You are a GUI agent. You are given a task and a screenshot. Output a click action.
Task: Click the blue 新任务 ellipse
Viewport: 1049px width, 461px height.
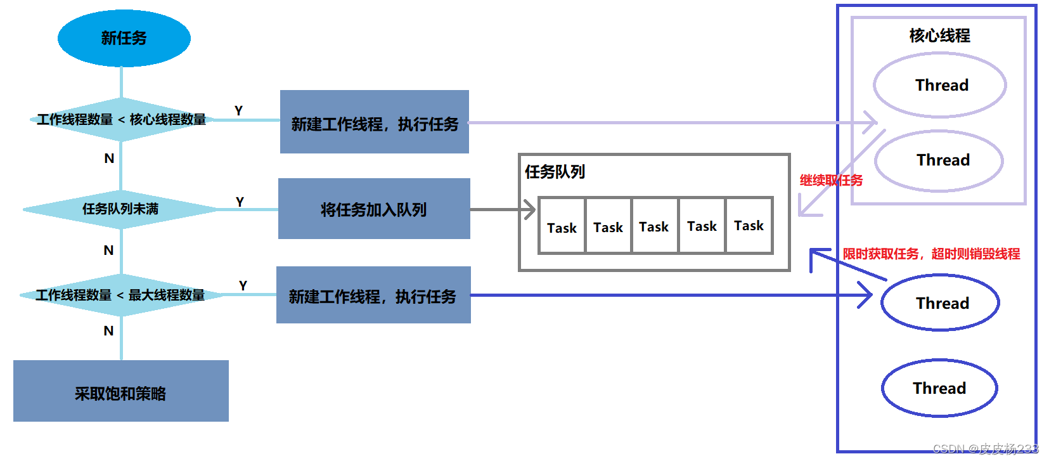[x=124, y=38]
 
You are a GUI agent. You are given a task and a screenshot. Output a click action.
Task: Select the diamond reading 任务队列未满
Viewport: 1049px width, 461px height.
[x=120, y=209]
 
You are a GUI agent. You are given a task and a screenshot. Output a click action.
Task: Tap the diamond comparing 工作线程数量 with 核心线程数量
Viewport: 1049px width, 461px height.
[x=121, y=119]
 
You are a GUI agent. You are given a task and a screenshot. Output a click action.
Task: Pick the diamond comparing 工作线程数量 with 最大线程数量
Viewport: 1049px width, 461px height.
[x=120, y=295]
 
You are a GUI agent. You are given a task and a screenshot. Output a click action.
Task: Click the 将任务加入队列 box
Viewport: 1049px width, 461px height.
[x=374, y=209]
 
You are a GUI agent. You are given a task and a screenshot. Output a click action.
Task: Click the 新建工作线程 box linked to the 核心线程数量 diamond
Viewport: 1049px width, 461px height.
[x=375, y=122]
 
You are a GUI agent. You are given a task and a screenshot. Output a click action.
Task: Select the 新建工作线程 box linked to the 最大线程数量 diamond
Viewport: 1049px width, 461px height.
[x=373, y=295]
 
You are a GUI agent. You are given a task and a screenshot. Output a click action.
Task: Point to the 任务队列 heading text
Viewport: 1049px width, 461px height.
[x=555, y=172]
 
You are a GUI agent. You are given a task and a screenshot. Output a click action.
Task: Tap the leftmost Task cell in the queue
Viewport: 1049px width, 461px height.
[x=562, y=226]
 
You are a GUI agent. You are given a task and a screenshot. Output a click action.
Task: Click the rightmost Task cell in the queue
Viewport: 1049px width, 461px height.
[x=749, y=226]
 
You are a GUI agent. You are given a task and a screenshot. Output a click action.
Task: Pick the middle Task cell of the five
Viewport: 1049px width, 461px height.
[x=654, y=226]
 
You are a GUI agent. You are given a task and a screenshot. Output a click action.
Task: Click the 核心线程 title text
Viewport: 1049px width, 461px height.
[x=939, y=36]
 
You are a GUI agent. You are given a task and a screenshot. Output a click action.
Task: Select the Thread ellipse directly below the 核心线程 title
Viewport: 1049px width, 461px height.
[x=941, y=85]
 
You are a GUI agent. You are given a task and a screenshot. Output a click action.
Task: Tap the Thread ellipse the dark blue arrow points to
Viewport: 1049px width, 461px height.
[x=941, y=302]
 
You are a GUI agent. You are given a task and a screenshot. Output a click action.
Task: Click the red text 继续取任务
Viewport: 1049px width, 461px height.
[x=831, y=181]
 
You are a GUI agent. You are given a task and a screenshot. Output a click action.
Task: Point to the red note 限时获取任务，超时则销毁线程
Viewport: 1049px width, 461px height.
[x=931, y=254]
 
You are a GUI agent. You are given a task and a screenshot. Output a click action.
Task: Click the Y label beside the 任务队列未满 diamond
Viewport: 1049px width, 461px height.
[x=240, y=202]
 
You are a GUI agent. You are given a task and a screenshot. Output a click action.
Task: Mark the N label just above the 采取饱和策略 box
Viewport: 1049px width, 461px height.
[x=109, y=330]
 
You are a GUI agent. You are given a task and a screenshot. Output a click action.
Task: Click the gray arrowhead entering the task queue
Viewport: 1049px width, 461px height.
[x=529, y=209]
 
